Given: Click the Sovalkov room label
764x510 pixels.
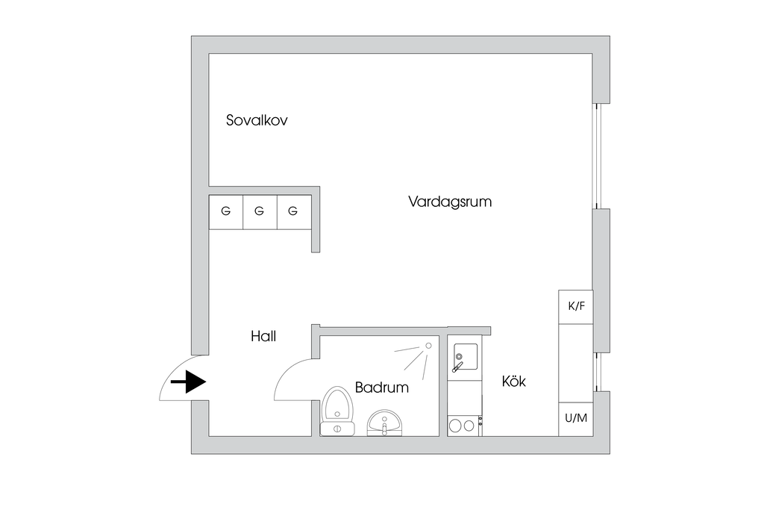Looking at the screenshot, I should click(x=257, y=120).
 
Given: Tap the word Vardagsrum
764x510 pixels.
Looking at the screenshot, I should click(x=450, y=202).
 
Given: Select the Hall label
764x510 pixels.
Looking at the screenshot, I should click(x=263, y=337).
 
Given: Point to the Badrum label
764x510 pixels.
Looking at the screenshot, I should click(x=382, y=388).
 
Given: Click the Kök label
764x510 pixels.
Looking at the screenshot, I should click(x=514, y=382).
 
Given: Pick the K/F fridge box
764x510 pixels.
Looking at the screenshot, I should click(x=576, y=306).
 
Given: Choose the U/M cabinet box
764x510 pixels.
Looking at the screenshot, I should click(x=576, y=419).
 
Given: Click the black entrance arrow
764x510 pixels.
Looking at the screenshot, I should click(x=189, y=382).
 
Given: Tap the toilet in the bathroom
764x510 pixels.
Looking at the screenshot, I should click(x=336, y=411).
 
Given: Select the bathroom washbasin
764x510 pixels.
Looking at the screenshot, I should click(x=385, y=423).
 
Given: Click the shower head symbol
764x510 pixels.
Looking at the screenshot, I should click(x=428, y=346).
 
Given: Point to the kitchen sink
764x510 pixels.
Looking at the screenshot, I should click(x=464, y=356).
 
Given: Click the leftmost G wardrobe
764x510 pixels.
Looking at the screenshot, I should click(x=225, y=212).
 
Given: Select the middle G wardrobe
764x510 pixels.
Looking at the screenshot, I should click(x=259, y=212).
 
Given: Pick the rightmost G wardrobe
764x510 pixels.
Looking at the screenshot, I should click(x=292, y=212).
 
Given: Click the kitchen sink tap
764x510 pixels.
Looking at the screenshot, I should click(x=457, y=367).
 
